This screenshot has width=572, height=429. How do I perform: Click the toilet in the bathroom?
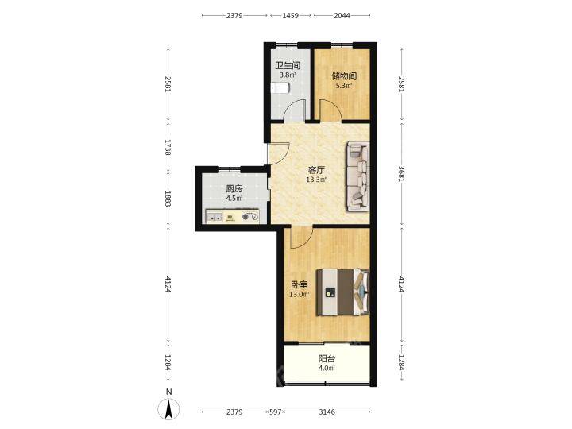tap(280, 88)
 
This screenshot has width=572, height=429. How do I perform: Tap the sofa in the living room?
tap(357, 176)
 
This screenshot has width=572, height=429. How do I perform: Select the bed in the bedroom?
tap(343, 292)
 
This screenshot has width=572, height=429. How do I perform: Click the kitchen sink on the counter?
tap(214, 218)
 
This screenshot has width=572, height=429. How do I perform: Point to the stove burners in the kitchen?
tap(250, 217)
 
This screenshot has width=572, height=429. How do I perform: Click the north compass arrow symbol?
tap(168, 409)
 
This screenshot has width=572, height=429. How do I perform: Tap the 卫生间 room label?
tap(288, 66)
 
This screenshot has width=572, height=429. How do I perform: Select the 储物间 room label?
tap(344, 76)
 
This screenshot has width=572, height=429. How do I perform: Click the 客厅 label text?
tap(316, 170)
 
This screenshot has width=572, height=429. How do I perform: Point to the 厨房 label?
tap(234, 189)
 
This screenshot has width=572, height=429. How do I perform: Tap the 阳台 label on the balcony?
tap(327, 359)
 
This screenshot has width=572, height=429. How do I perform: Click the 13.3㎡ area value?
tap(316, 180)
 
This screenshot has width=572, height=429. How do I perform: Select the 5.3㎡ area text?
tap(344, 86)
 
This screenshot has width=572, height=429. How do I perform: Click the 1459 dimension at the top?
tap(291, 15)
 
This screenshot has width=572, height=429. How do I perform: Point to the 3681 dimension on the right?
tap(401, 174)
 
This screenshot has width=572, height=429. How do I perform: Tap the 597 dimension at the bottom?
tap(276, 412)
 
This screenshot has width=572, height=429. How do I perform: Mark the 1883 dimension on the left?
tap(168, 199)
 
